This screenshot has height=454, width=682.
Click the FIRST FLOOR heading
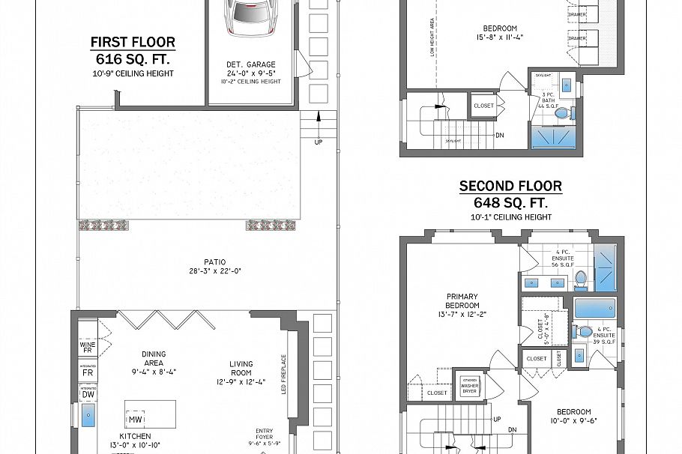[133, 42]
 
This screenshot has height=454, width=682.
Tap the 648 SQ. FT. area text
[510, 202]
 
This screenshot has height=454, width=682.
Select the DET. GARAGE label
[251, 64]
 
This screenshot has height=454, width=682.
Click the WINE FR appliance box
[88, 347]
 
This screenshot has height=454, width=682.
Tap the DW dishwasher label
[88, 394]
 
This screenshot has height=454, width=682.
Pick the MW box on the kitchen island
[136, 420]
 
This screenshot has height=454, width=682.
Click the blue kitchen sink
[88, 417]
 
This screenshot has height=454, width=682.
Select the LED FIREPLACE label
[283, 375]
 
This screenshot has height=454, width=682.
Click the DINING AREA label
[153, 359]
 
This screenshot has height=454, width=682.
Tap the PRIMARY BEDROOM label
[462, 300]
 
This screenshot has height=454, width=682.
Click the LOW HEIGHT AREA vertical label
[432, 38]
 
